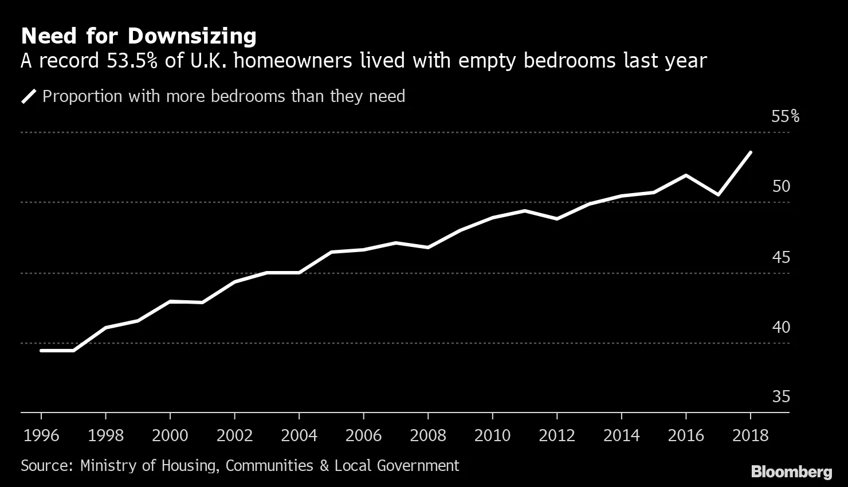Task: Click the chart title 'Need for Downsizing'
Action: coord(138,36)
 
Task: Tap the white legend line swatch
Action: coord(29,96)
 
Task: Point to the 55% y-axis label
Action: coord(785,116)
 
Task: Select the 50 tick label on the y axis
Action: coord(781,186)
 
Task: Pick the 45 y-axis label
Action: coord(781,257)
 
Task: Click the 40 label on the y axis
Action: coord(781,327)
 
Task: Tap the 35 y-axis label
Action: coord(781,396)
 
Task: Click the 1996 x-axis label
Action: coord(41,435)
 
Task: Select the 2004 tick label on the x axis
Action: coord(299,435)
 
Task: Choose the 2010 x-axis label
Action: coord(492,435)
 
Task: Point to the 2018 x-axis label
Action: coord(750,435)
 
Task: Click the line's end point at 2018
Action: coord(750,152)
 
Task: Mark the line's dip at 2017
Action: coord(718,195)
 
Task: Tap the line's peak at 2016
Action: coord(686,175)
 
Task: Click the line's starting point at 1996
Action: coord(41,350)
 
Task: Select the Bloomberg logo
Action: coord(791,472)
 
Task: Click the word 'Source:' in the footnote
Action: coord(46,465)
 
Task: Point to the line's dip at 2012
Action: coord(557,219)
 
